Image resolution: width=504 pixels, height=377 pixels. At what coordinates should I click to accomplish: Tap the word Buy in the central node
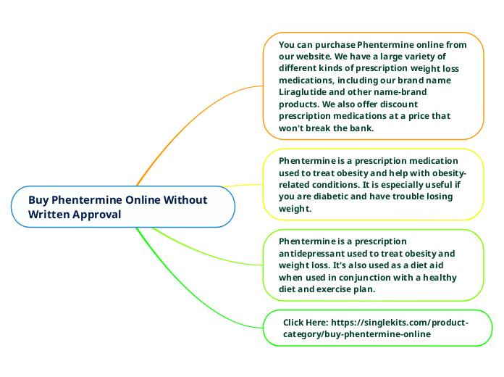39,200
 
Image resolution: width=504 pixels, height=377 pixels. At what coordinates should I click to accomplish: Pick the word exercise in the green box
341,289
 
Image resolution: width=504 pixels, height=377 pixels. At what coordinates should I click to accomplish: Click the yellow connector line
243,186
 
